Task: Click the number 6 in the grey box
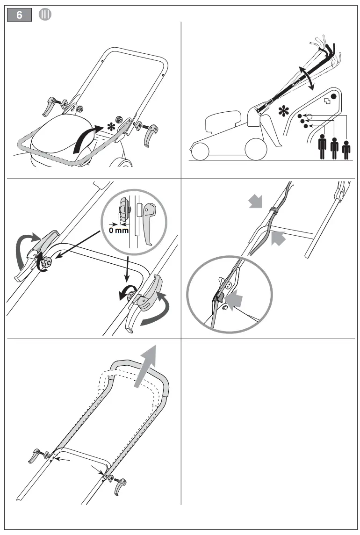[x=19, y=15]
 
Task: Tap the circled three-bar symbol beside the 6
[x=44, y=14]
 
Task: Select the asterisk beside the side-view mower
[x=282, y=111]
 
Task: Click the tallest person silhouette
[x=322, y=146]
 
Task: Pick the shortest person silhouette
[x=346, y=150]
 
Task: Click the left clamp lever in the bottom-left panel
[x=36, y=454]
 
